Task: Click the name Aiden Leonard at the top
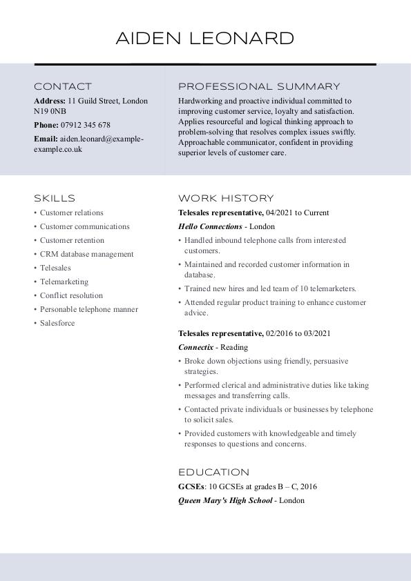[205, 38]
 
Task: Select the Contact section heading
[63, 87]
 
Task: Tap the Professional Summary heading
[259, 87]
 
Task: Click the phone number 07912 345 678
[86, 126]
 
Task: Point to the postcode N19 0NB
[50, 111]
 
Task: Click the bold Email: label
[46, 139]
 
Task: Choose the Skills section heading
[55, 198]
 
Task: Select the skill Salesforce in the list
[57, 323]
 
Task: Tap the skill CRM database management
[86, 254]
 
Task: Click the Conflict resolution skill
[71, 295]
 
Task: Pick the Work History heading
[226, 198]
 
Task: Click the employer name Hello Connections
[210, 226]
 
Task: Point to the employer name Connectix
[195, 347]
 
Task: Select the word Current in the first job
[316, 213]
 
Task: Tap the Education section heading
[213, 473]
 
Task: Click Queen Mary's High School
[225, 500]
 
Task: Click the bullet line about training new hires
[270, 288]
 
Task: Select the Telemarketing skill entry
[64, 282]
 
